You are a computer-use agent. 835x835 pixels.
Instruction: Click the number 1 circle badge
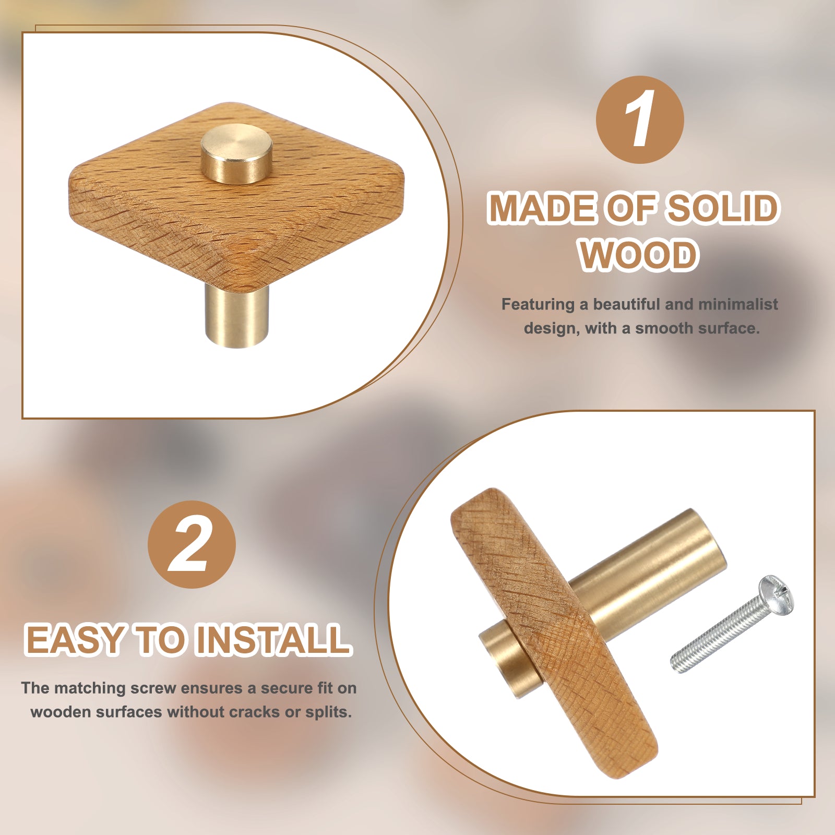click(640, 119)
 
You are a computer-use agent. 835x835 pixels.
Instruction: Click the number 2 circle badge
click(192, 544)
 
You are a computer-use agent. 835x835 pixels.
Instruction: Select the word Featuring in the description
click(538, 305)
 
